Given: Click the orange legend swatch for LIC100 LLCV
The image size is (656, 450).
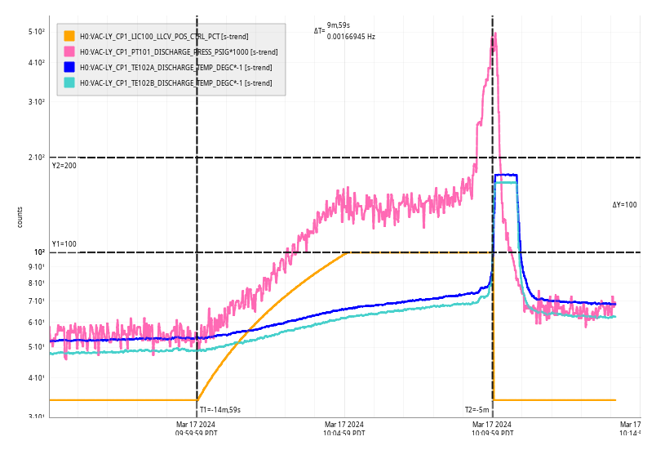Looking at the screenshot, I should tap(69, 36).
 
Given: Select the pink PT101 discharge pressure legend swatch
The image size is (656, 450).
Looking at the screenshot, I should tap(69, 51).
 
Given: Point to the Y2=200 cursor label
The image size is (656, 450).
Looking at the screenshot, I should tap(64, 166).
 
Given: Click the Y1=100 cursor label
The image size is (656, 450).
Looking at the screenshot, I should tap(64, 244).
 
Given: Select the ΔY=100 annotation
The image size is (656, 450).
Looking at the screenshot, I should tap(624, 205).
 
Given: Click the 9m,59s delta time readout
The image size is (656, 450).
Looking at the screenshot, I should tap(339, 25).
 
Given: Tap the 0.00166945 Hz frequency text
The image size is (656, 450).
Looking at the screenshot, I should tap(351, 36).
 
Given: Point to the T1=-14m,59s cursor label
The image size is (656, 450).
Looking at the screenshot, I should tap(220, 410).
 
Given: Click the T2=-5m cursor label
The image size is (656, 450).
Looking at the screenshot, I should tap(477, 410).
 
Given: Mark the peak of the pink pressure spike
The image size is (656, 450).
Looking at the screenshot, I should tap(495, 33).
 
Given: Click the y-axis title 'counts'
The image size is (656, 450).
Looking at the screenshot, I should tap(20, 216).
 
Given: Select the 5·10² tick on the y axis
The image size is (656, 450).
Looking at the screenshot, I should tap(36, 32).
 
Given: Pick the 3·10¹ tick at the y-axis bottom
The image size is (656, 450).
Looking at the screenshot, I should tap(36, 417).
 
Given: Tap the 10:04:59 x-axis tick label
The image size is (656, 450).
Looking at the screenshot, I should tap(344, 429).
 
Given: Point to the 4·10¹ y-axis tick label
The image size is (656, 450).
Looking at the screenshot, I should tap(36, 377).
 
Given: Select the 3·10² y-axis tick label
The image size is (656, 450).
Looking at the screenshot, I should tap(36, 101).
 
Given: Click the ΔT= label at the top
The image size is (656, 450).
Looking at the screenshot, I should tap(319, 31).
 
